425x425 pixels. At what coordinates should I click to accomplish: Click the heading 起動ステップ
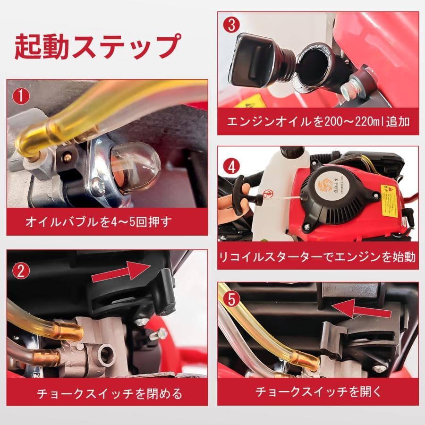point(97,46)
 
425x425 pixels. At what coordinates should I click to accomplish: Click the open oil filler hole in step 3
point(314,64)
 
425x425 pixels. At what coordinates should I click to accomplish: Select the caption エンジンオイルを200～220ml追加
point(318,121)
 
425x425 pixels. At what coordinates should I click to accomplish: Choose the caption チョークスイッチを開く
point(318,391)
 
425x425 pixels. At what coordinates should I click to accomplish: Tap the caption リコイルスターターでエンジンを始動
point(318,257)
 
